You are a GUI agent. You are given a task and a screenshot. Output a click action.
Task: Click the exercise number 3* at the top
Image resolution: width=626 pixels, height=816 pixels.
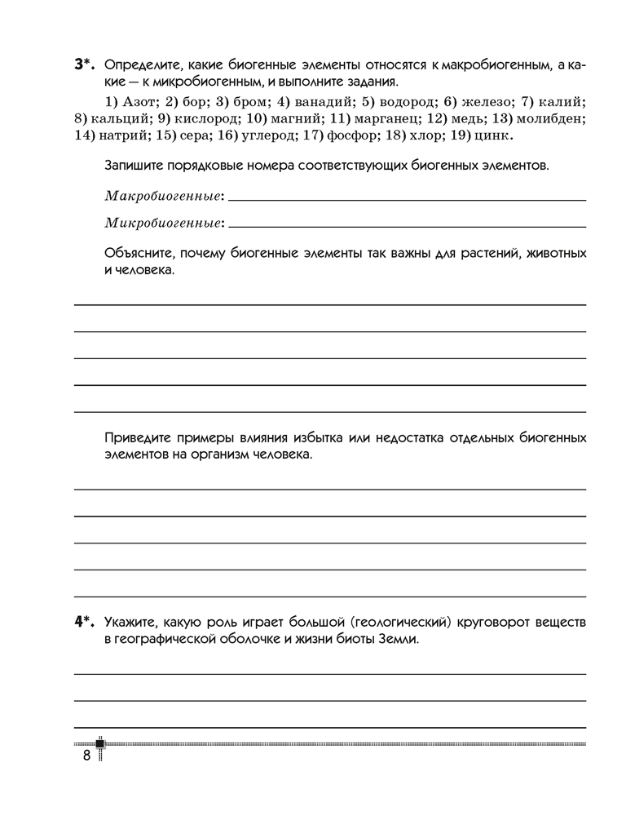(85, 64)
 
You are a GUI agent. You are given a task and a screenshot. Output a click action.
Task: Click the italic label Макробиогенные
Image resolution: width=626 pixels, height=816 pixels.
(164, 196)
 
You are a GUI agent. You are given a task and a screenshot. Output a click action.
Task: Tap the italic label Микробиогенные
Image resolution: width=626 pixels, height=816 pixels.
(165, 222)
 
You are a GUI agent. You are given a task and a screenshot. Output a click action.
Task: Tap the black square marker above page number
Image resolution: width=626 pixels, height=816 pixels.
(100, 743)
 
